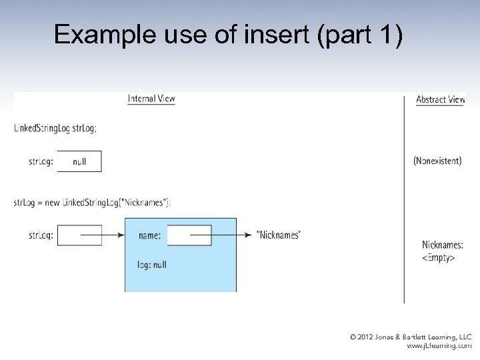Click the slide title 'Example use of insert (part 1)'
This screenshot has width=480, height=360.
(x=228, y=35)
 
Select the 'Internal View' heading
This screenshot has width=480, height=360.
(x=151, y=99)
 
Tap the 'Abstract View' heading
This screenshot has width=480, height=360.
(x=440, y=99)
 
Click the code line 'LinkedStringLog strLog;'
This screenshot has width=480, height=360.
(x=55, y=129)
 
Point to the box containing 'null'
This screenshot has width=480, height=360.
(x=79, y=161)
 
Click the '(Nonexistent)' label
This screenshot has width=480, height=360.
(x=437, y=161)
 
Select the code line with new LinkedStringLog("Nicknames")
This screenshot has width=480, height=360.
(x=92, y=203)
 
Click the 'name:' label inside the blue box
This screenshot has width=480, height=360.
(x=150, y=235)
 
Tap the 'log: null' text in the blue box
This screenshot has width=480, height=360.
(x=152, y=265)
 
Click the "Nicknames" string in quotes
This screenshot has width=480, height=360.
(x=278, y=235)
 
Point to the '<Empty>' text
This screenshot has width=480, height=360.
(x=439, y=257)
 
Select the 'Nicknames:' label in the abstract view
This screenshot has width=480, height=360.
(x=442, y=245)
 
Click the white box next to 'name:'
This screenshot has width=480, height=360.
(x=189, y=235)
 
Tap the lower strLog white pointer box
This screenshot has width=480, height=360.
(x=79, y=235)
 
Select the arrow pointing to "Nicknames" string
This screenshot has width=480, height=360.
(x=233, y=235)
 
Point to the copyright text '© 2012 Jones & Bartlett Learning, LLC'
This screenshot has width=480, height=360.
(x=411, y=337)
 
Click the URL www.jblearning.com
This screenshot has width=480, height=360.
(x=439, y=346)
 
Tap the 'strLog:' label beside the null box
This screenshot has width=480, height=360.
(x=41, y=161)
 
